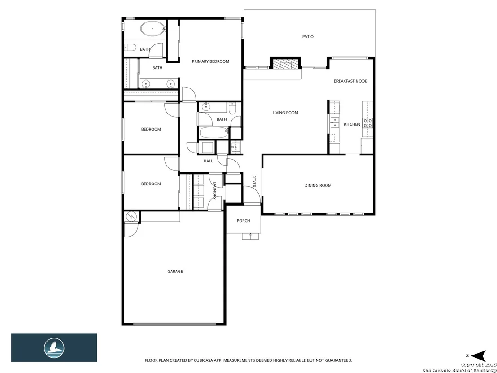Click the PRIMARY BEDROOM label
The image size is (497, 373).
click(210, 61)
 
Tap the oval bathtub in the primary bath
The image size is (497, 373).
click(153, 29)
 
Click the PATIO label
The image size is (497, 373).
click(308, 37)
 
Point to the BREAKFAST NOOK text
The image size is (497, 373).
click(350, 81)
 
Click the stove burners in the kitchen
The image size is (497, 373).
click(368, 123)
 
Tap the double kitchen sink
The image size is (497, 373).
click(334, 123)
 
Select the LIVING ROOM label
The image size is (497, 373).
click(285, 113)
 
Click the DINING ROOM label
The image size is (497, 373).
click(318, 185)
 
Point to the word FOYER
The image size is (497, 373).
click(254, 181)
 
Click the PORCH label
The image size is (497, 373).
click(244, 221)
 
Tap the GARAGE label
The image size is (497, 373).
click(175, 272)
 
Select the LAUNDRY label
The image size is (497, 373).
click(214, 190)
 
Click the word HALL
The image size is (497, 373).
click(208, 161)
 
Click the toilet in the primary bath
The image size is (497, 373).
click(130, 48)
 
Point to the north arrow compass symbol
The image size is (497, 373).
click(479, 356)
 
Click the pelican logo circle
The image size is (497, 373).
click(54, 348)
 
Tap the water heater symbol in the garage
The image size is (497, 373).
click(131, 217)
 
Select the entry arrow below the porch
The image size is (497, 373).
click(251, 236)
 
